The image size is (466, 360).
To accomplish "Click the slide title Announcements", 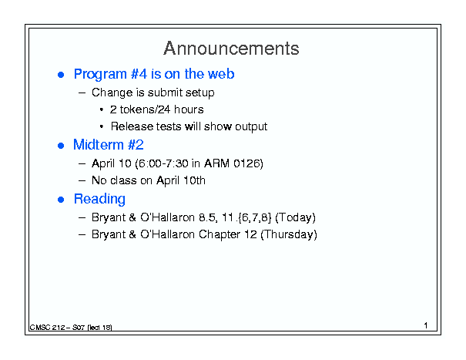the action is [x=231, y=49].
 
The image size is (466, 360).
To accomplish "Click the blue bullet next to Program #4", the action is [x=61, y=75].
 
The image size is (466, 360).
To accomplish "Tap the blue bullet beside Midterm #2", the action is [x=61, y=146].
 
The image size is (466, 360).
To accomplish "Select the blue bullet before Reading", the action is [x=61, y=200].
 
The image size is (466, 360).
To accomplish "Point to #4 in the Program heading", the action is [x=139, y=74].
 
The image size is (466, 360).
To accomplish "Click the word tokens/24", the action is [x=145, y=109].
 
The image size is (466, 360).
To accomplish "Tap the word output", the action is [x=251, y=127].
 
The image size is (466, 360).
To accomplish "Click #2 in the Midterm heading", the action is [x=136, y=145].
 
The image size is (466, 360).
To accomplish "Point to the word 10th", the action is [x=194, y=180].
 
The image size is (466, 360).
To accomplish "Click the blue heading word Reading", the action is [x=99, y=200].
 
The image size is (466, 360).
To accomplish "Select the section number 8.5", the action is [x=208, y=217].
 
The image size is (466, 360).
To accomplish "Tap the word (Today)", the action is [x=296, y=217].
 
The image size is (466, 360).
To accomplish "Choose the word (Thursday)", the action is [x=289, y=234].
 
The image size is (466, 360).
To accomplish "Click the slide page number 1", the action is [x=426, y=325].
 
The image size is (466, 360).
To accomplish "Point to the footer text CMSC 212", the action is [x=47, y=328].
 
